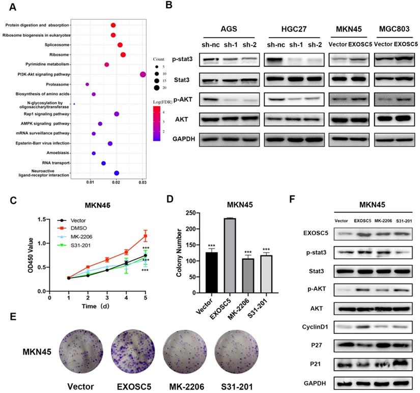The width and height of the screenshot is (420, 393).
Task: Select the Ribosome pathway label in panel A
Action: (59, 54)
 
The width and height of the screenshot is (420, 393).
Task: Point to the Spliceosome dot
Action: (120, 45)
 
